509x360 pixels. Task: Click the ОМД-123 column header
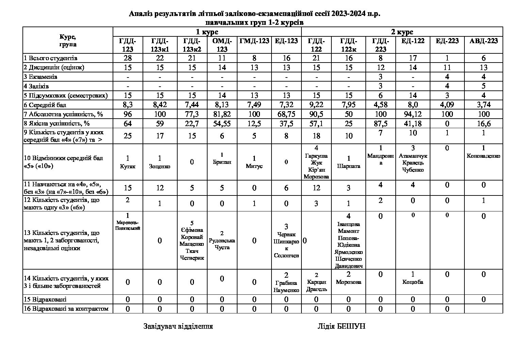pos(222,45)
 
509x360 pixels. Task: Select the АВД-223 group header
pos(483,41)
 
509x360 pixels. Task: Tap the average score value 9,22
pos(316,105)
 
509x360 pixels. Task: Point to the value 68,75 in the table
pos(286,114)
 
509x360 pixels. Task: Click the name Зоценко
pos(160,167)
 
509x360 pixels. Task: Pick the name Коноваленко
pos(483,156)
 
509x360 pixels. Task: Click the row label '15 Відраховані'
pos(45,299)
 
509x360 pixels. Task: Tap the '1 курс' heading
pos(207,32)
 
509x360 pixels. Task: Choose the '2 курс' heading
pos(402,32)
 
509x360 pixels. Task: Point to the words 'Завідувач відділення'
pos(178,326)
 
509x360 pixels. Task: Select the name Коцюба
pos(413,282)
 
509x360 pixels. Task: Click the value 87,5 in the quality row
pos(380,123)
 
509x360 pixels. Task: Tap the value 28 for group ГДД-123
pos(128,58)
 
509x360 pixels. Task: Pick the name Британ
pos(222,162)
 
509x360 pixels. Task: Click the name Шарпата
pos(348,166)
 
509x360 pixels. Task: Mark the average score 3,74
pos(483,105)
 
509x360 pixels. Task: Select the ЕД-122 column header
pos(413,41)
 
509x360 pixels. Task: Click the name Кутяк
pos(128,167)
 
